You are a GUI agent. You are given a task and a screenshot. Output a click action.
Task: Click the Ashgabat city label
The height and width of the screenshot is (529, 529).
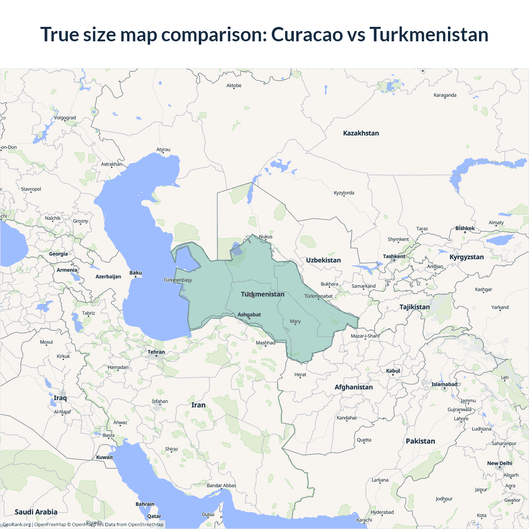[x=249, y=315]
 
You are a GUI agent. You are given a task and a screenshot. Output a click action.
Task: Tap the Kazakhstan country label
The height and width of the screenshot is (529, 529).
[x=361, y=133]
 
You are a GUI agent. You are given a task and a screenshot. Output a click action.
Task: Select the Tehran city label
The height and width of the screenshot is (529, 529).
[x=156, y=352]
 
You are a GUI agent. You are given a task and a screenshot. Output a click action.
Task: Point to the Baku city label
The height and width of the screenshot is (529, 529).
[x=136, y=273]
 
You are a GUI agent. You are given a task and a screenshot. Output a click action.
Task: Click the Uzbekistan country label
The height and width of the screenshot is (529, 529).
[x=323, y=260]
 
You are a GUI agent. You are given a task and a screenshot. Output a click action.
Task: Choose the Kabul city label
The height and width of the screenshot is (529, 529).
[x=393, y=371]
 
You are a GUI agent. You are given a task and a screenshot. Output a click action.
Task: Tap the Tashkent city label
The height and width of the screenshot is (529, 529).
[x=394, y=256]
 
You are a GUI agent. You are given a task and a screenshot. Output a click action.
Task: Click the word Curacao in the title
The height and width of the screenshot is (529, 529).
[x=307, y=34]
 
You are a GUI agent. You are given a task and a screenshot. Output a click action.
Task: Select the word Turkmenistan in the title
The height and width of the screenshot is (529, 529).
[x=429, y=34]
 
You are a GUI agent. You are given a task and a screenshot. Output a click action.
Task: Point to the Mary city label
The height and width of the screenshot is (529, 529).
[x=295, y=321]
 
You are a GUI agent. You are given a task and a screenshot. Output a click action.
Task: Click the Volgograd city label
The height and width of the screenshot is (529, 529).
[x=65, y=118]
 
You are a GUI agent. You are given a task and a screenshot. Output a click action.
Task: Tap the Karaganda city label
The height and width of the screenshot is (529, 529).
[x=445, y=95]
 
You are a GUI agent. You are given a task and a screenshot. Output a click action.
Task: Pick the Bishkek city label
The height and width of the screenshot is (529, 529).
[x=465, y=228]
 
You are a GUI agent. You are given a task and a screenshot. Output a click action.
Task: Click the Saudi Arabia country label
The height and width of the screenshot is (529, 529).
[x=36, y=512]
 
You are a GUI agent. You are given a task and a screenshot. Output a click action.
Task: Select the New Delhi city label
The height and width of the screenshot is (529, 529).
[x=499, y=463]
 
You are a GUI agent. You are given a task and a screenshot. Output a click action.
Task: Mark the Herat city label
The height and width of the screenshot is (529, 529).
[x=300, y=374]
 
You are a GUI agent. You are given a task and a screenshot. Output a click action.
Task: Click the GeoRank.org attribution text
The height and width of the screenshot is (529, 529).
[x=17, y=524]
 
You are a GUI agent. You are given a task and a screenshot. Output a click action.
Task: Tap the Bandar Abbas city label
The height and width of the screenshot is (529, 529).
[x=221, y=486]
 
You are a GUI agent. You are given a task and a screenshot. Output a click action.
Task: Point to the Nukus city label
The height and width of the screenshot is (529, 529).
[x=266, y=237]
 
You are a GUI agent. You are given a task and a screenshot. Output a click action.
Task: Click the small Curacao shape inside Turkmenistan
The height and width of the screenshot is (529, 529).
[x=250, y=295]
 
